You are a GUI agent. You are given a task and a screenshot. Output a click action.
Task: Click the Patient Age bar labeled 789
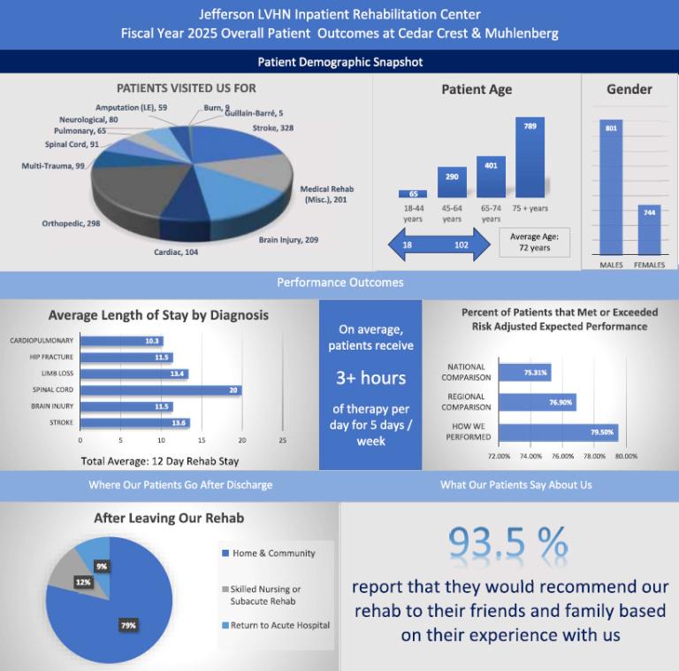point(530,158)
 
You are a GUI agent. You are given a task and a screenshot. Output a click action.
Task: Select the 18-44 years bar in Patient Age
point(413,194)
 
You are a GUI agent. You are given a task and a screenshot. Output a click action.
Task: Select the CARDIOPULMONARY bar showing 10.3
point(121,341)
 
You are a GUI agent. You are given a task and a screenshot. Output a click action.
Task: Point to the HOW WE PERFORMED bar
point(558,433)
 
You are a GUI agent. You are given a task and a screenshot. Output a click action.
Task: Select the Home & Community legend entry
point(273,553)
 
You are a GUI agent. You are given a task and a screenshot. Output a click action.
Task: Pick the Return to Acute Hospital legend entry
point(279,625)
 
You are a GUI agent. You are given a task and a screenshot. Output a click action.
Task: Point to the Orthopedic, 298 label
point(71,223)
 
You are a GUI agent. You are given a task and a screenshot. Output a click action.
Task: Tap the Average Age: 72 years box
point(535,242)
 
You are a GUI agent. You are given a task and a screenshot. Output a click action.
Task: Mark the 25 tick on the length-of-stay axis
point(283,439)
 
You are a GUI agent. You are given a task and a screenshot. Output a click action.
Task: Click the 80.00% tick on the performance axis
point(626,457)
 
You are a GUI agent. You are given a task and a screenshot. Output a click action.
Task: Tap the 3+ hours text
point(370,378)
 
